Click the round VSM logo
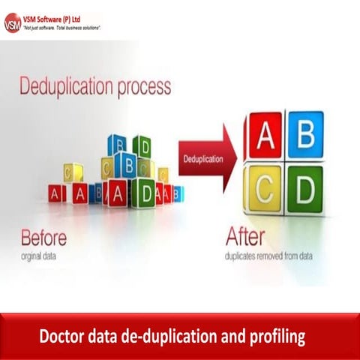coord(13,22)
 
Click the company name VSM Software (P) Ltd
coord(59,18)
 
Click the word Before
coord(43,238)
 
